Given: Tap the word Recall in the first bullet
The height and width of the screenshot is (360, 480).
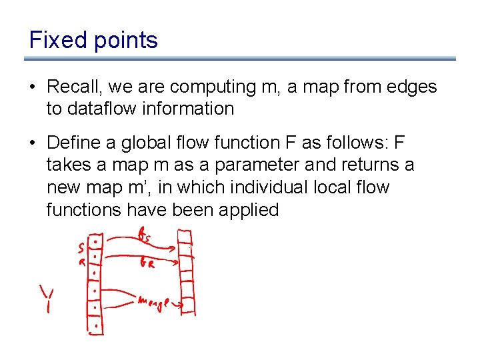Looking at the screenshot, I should (x=72, y=87).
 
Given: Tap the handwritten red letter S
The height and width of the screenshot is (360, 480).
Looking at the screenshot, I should (x=81, y=249).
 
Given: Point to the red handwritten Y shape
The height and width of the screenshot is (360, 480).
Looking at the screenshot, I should (x=46, y=299).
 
